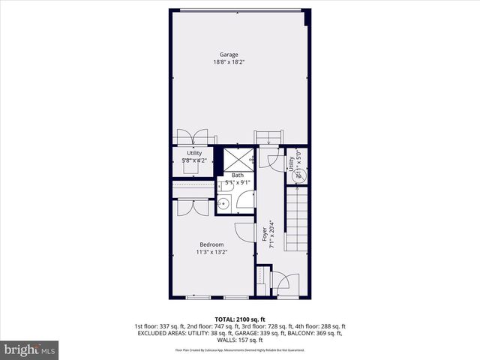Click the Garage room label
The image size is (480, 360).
(229, 55)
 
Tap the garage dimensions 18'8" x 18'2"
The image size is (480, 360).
(229, 62)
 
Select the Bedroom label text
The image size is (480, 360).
(211, 244)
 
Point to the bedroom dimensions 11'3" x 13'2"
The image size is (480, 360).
(211, 252)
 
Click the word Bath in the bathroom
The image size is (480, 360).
(238, 175)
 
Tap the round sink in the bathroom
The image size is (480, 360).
(223, 203)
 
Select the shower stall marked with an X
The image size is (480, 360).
(237, 159)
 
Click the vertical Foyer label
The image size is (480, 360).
(265, 235)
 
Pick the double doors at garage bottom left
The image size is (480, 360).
(192, 137)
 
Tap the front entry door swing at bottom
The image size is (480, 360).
(285, 283)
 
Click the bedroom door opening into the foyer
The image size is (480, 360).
(245, 232)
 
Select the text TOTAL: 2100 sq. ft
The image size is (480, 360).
(240, 319)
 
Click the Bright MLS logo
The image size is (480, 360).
(30, 349)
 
